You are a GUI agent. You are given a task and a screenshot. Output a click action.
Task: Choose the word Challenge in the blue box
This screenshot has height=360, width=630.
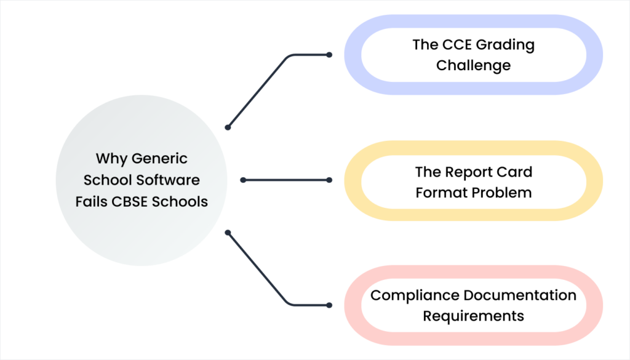[473, 65]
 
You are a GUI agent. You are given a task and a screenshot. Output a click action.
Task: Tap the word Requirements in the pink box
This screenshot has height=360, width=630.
[473, 316]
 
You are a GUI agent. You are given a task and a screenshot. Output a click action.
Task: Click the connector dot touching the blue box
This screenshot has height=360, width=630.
[329, 55]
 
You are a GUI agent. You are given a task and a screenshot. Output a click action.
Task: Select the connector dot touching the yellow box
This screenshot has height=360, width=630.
[329, 180]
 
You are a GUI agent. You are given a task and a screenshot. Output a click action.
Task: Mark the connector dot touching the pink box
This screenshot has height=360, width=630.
[329, 305]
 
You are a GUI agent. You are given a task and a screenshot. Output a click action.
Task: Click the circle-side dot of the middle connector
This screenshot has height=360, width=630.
[243, 180]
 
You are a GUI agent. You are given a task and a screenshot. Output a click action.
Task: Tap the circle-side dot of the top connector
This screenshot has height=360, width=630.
[228, 127]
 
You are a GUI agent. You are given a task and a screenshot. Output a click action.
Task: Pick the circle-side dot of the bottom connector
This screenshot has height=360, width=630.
[228, 233]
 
